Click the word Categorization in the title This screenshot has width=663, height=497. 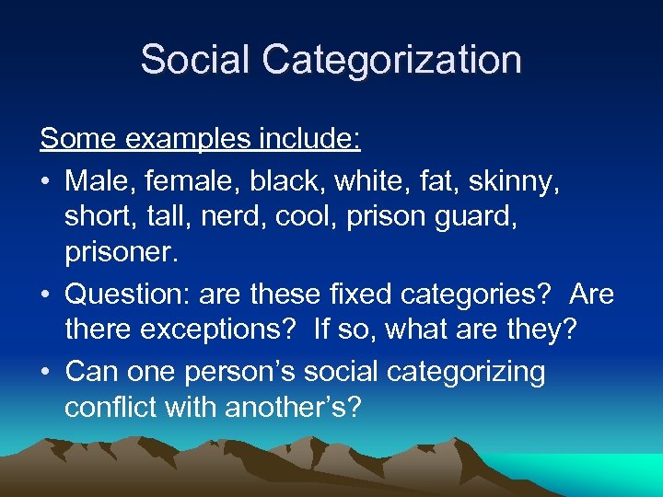pos(391,61)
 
